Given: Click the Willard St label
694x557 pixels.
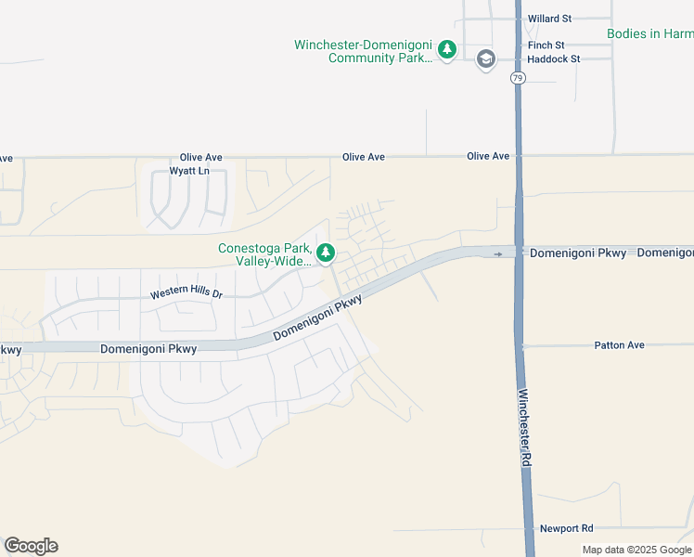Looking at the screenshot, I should [551, 18].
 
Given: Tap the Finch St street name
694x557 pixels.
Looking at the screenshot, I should [546, 45].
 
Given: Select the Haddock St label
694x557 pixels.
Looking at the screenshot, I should [553, 58].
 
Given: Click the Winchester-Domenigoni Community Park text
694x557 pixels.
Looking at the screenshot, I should [364, 51].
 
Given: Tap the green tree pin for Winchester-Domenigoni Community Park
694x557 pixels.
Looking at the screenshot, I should [447, 49].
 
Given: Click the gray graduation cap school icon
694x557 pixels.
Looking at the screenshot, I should [484, 60].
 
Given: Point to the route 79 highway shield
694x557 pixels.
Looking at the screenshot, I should [517, 79].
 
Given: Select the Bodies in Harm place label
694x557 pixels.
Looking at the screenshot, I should [649, 33].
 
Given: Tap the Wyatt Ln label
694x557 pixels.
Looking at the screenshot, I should [189, 171].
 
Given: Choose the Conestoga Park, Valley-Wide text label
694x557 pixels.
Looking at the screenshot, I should [264, 254].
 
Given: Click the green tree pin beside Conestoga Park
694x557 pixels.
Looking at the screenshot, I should [326, 252].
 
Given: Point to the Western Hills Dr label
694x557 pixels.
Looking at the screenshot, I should [187, 294].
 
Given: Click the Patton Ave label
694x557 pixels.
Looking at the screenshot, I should [619, 345].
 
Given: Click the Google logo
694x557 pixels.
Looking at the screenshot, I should [31, 546].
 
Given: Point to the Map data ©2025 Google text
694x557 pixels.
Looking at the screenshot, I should [637, 550].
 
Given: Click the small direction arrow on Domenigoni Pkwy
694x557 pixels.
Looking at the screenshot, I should [498, 253].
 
